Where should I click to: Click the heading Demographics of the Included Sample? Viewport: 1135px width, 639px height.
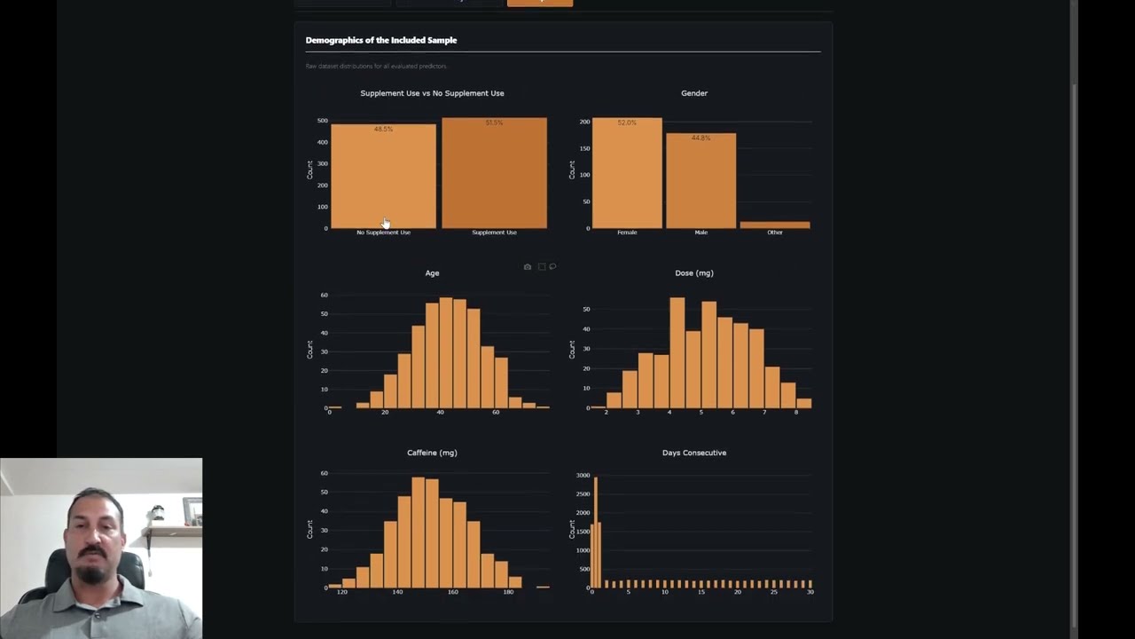[380, 40]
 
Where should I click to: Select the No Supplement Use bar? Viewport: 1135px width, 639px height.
[383, 177]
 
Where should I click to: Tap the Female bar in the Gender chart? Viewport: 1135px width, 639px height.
[627, 177]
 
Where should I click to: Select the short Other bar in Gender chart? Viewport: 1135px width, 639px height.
[775, 225]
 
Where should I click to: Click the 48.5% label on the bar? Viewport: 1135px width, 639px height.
[383, 130]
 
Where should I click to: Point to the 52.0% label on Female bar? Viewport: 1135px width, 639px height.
[627, 123]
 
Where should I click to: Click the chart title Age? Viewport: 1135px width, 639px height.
[432, 273]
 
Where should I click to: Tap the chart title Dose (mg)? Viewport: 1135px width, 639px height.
[693, 273]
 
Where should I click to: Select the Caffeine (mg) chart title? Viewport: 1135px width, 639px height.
[432, 453]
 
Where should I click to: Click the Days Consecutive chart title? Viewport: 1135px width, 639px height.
[693, 453]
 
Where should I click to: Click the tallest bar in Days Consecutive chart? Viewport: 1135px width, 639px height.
[595, 532]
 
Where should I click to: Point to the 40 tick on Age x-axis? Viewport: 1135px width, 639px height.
[440, 413]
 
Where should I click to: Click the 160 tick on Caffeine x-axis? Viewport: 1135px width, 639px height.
[453, 592]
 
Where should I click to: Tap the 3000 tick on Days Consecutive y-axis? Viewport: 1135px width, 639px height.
[583, 476]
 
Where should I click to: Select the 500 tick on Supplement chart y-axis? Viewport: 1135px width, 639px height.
[323, 121]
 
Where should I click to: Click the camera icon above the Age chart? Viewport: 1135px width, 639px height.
[528, 267]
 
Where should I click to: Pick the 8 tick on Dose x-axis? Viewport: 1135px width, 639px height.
[796, 413]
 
